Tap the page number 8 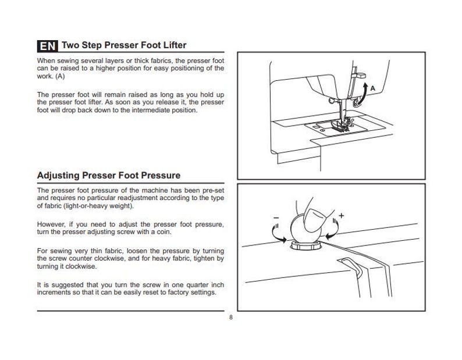click(x=231, y=318)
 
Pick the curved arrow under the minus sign click(x=278, y=234)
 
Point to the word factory click(x=176, y=292)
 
